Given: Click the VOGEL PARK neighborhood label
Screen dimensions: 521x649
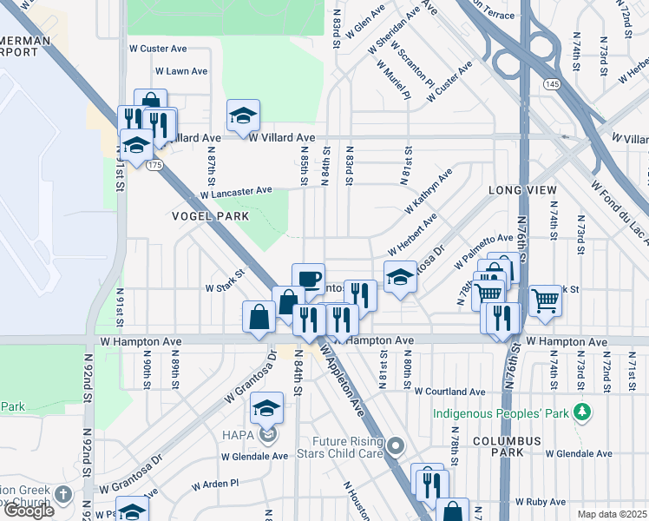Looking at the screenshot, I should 210,216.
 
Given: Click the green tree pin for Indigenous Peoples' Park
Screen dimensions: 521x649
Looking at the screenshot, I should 586,413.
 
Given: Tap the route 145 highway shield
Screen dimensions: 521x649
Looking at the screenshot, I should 553,83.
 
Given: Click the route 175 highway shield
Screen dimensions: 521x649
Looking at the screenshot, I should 154,164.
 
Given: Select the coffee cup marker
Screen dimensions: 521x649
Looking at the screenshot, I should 308,279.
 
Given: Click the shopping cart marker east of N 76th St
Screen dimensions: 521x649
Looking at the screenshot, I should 545,301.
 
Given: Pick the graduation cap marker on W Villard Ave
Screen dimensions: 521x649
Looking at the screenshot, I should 244,115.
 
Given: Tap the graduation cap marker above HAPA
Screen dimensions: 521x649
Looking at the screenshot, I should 267,407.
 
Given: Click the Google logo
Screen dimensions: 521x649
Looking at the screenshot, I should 28,510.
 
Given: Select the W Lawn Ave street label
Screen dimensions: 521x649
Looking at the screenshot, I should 181,71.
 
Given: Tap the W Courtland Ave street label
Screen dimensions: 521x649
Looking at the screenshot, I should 449,392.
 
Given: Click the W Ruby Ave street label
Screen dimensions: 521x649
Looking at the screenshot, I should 541,502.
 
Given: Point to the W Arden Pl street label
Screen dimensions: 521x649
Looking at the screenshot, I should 215,484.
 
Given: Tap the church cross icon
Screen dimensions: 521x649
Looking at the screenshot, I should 62,494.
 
